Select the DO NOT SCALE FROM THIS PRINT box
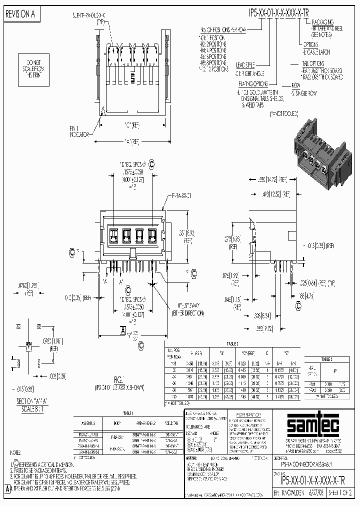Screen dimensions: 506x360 [x=31, y=68]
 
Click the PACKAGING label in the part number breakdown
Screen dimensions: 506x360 [x=322, y=22]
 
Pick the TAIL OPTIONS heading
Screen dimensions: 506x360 [x=312, y=64]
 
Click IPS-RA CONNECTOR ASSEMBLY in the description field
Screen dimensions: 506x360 [x=303, y=463]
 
